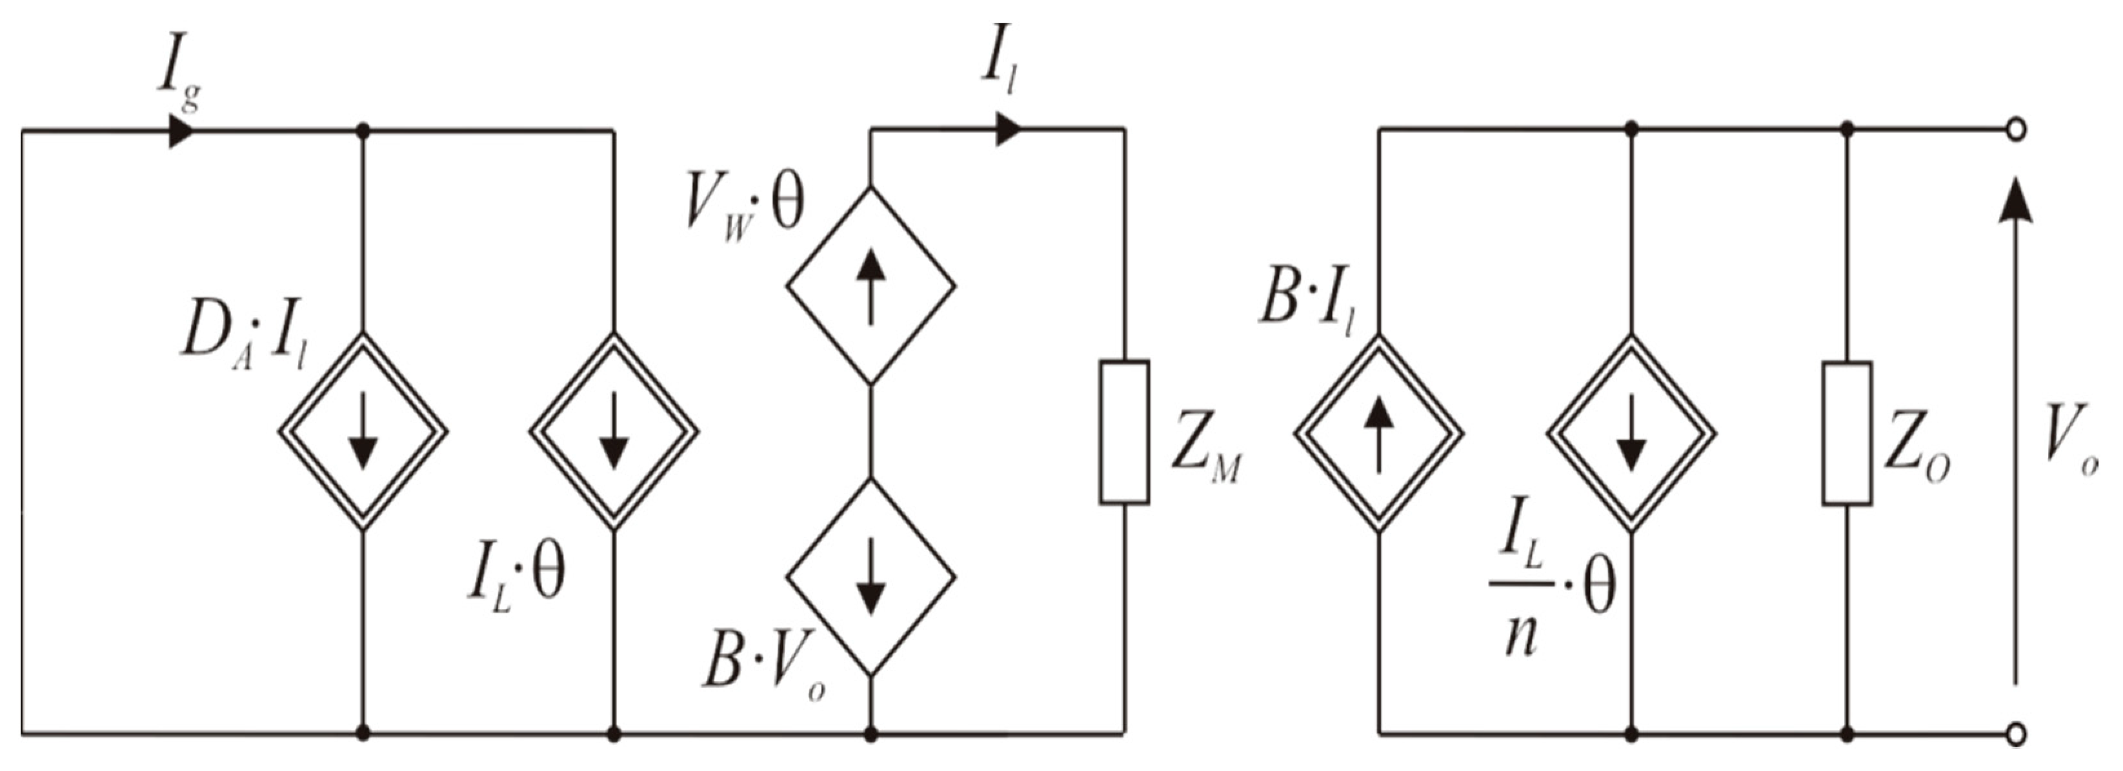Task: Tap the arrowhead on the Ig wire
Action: click(181, 130)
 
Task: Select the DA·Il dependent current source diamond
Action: click(363, 431)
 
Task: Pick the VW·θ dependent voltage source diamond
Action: click(870, 285)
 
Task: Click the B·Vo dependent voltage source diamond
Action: click(870, 577)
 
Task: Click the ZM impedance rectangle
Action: click(1124, 432)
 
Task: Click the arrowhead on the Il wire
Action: click(1007, 129)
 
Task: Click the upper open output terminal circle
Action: click(2016, 129)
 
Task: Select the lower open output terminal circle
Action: click(2016, 732)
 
